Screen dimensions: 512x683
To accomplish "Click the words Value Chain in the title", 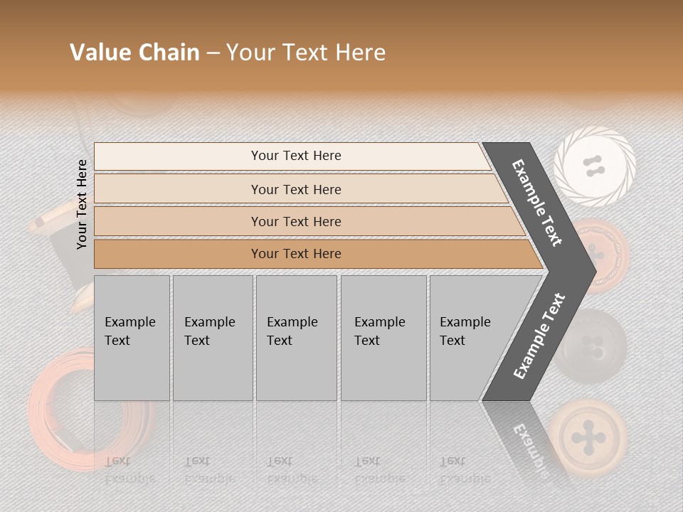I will click(x=134, y=53).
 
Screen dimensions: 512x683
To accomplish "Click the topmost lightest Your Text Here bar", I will click(x=295, y=156).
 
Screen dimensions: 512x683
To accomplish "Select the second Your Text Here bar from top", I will click(x=295, y=189).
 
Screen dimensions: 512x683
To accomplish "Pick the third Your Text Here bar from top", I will click(x=295, y=221).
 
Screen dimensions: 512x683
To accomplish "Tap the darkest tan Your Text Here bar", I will click(x=295, y=254).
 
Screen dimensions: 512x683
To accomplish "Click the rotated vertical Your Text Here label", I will click(x=82, y=204).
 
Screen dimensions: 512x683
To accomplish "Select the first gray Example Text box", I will click(x=132, y=338).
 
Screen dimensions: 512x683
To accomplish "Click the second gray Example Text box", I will click(x=212, y=338).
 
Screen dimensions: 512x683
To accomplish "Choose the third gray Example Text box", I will click(x=295, y=338).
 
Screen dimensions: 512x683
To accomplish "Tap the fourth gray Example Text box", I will click(x=383, y=338).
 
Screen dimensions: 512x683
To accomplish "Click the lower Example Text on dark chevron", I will click(x=539, y=336).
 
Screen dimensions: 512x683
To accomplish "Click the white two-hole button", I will click(x=594, y=166).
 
